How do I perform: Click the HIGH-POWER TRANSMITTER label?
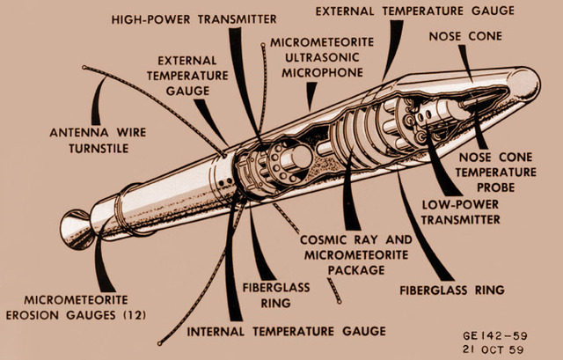point(194,18)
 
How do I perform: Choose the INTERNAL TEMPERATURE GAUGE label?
point(286,331)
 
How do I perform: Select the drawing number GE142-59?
point(497,335)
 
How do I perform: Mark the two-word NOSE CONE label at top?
point(465,36)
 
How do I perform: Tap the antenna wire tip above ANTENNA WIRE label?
point(84,67)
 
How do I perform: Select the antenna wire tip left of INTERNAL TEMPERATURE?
point(158,342)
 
